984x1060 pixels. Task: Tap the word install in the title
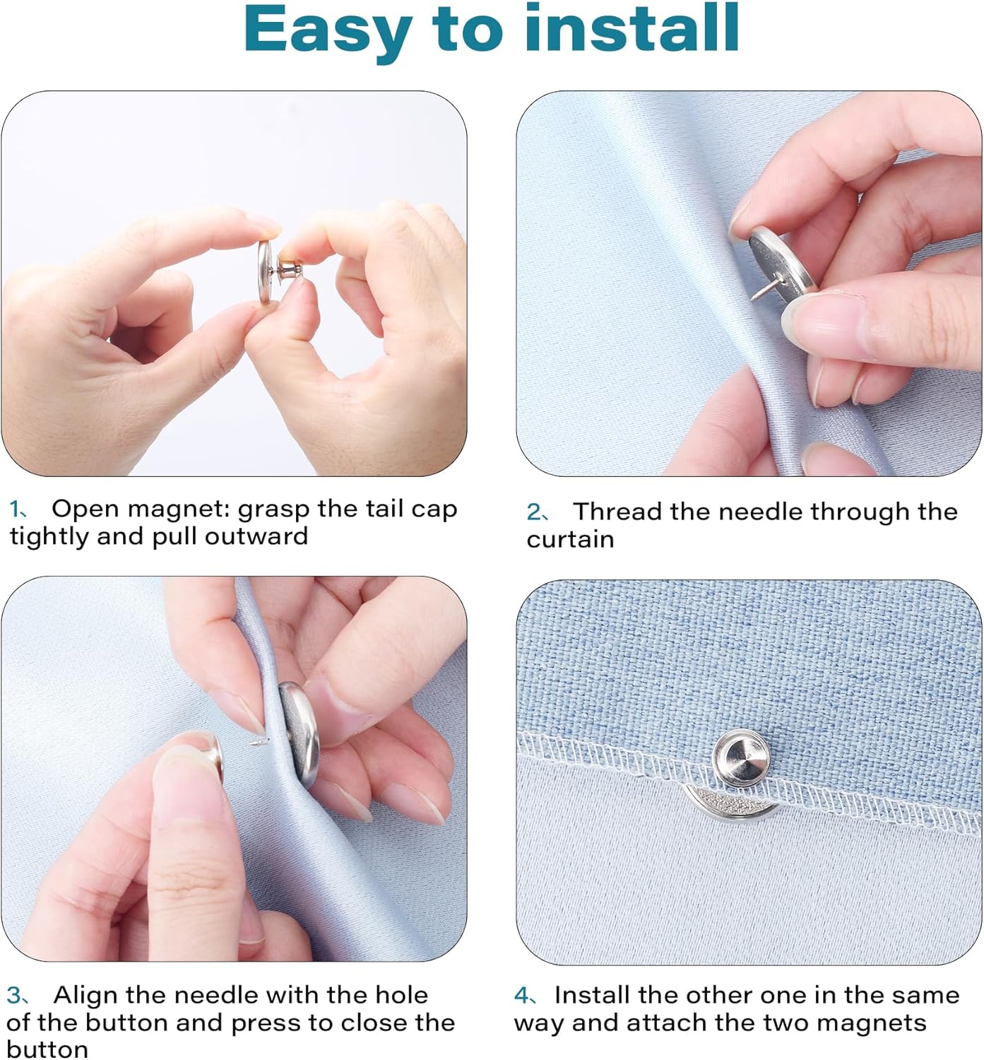pos(632,27)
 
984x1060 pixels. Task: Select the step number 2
pos(533,512)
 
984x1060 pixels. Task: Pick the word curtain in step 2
pos(570,540)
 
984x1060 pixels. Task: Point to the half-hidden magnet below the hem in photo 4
pos(731,803)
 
